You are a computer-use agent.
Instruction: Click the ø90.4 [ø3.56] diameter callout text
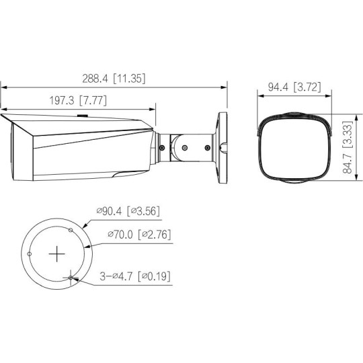(128, 211)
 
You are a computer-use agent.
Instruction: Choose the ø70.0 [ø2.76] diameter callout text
(138, 235)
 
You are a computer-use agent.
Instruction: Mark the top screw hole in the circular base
(71, 229)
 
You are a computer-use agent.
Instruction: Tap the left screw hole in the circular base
(30, 253)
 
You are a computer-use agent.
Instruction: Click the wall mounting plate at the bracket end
(220, 145)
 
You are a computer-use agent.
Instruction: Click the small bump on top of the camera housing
(82, 114)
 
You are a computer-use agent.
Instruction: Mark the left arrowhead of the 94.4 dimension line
(261, 94)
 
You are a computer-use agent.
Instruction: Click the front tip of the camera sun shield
(2, 117)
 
